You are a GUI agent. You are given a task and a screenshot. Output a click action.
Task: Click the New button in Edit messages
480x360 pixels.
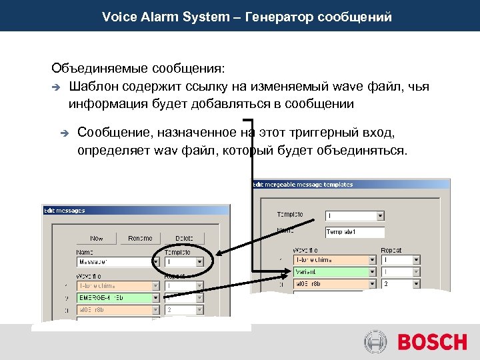point(97,238)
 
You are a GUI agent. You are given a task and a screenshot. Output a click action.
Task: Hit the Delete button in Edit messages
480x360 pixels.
point(184,238)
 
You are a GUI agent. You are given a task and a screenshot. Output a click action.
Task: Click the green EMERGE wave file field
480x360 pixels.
point(114,297)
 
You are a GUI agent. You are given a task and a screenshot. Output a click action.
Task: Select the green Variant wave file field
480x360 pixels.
point(332,271)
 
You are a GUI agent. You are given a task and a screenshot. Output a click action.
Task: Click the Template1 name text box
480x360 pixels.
point(355,232)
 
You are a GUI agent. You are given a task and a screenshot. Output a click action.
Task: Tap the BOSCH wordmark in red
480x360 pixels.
point(432,343)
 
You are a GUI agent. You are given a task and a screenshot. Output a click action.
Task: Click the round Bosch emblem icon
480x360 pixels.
point(375,343)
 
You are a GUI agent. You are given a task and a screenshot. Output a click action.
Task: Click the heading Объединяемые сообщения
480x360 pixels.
point(138,69)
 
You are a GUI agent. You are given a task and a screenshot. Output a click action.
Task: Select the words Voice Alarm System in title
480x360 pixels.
point(165,17)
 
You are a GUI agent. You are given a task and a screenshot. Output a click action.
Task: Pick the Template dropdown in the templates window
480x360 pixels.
point(355,215)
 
